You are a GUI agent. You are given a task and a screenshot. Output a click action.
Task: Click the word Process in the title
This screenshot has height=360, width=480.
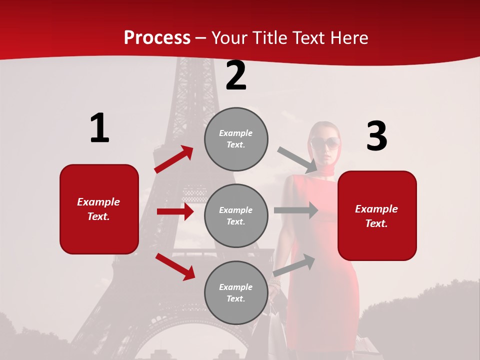click(157, 38)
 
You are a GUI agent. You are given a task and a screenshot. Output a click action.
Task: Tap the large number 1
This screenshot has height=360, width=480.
click(99, 128)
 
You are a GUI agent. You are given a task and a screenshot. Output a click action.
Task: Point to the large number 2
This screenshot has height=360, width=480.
click(236, 76)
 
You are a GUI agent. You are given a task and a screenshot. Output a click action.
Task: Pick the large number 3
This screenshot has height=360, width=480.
click(376, 136)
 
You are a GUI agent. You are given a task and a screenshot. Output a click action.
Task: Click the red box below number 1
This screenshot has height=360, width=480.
click(99, 209)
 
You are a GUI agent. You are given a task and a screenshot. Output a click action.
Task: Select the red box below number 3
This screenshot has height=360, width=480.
click(377, 216)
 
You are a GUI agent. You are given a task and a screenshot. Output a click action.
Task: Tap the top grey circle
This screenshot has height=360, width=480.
click(236, 139)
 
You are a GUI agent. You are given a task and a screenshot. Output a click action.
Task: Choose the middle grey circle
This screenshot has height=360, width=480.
click(236, 216)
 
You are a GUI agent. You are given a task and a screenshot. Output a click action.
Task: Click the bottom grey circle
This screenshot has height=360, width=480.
click(236, 293)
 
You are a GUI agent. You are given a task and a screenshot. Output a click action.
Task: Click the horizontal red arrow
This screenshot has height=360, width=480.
click(175, 211)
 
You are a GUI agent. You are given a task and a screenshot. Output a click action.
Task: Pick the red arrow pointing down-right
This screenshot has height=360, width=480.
click(175, 266)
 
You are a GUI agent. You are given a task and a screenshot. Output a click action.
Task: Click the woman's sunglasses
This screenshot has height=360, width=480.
click(325, 144)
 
